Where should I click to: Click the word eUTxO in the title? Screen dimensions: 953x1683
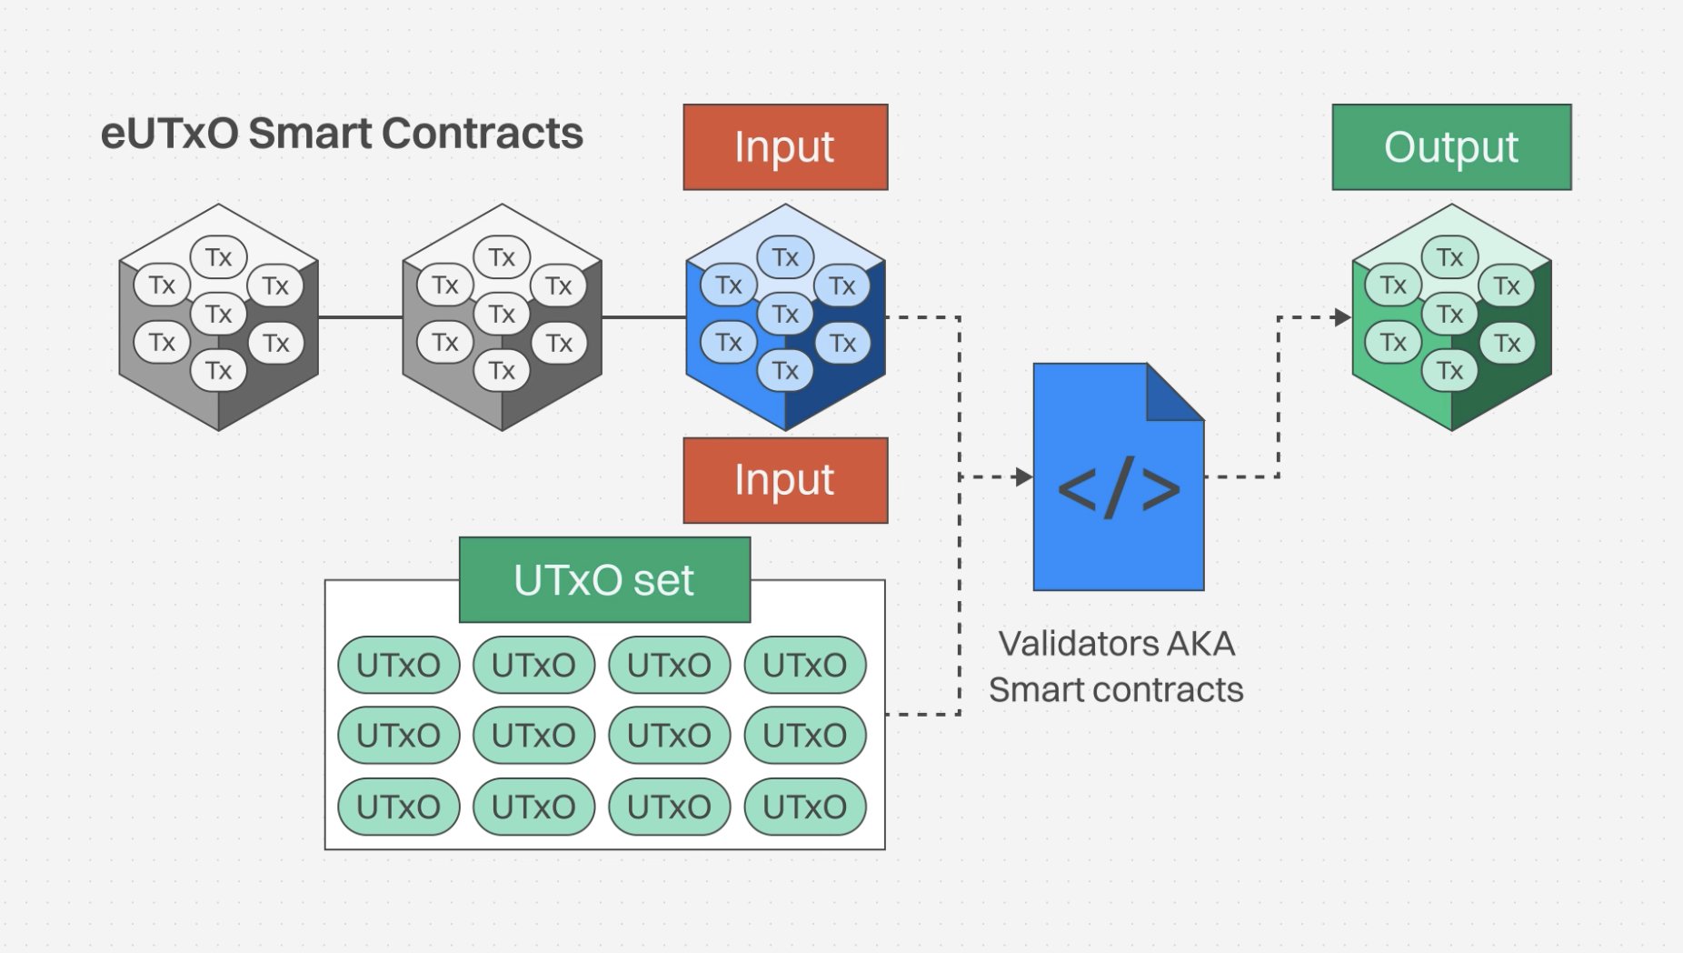click(x=169, y=134)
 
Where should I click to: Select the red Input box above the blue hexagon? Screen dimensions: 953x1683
click(x=785, y=147)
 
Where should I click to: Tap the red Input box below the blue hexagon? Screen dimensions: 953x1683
click(x=785, y=480)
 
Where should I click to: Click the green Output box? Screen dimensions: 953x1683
click(x=1451, y=147)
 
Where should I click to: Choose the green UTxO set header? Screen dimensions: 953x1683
click(x=604, y=580)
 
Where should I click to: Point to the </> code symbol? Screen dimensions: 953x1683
click(x=1119, y=488)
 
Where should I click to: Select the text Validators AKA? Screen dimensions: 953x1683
click(x=1116, y=644)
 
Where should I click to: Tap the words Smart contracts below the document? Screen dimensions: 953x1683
click(x=1116, y=690)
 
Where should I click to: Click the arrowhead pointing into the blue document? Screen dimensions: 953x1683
click(x=1024, y=476)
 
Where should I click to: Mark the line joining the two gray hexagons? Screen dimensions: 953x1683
click(x=360, y=317)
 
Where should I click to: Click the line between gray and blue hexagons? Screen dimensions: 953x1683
click(x=643, y=317)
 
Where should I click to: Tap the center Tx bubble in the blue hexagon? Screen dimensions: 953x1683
click(x=785, y=314)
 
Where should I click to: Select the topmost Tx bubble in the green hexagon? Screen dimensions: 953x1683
click(x=1450, y=257)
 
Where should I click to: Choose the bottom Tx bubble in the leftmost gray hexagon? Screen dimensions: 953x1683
click(x=218, y=370)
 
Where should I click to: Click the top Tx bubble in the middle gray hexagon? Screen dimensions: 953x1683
click(x=502, y=257)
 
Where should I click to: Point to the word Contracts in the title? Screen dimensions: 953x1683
click(x=482, y=134)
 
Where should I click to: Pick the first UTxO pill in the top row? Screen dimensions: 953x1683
click(x=398, y=665)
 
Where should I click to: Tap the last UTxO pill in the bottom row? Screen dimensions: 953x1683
click(x=804, y=807)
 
